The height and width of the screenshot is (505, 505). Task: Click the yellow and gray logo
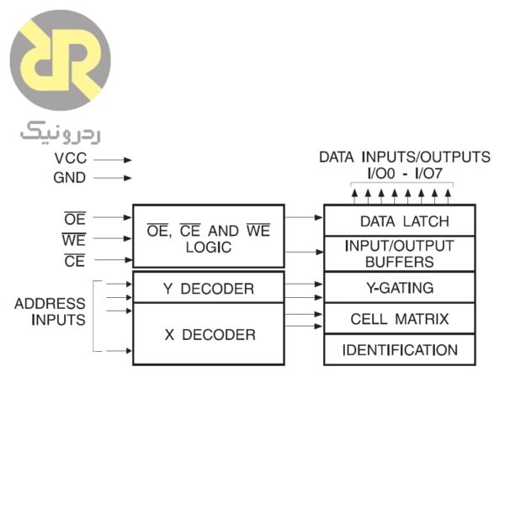[60, 60]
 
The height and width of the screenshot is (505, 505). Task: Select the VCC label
[70, 159]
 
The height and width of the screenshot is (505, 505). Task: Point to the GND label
[70, 178]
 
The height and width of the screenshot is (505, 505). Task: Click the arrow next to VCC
[115, 159]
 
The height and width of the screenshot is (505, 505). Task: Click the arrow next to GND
[115, 178]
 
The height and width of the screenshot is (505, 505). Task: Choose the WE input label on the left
[74, 240]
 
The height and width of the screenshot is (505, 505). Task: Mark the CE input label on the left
[74, 261]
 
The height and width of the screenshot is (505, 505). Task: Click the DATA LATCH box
[399, 221]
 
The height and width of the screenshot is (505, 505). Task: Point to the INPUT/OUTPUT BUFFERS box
[399, 253]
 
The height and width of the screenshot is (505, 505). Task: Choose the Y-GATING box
[399, 288]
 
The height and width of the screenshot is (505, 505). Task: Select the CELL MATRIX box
[399, 319]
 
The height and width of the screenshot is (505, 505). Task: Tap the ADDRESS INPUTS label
[50, 311]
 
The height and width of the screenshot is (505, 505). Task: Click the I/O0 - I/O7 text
[404, 173]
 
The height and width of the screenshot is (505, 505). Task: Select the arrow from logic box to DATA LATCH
[304, 217]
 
